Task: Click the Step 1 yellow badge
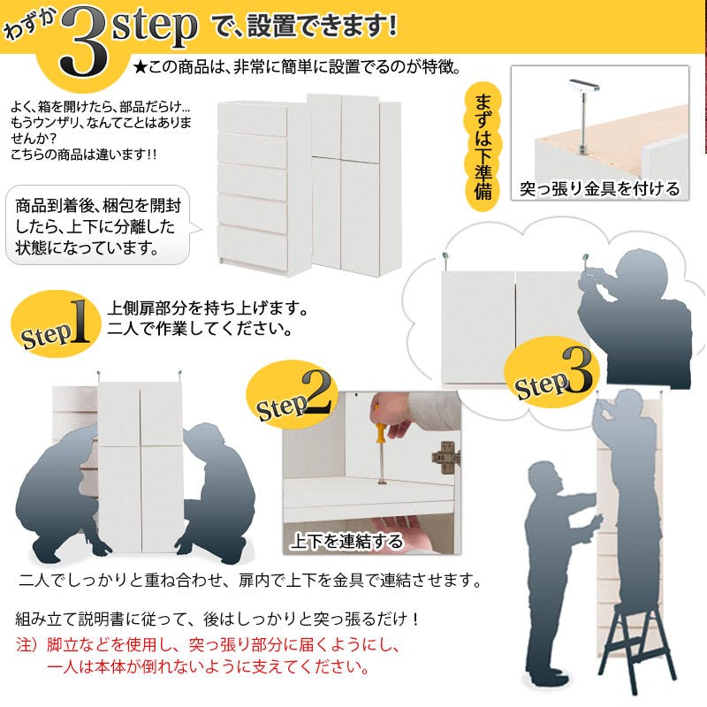pyautogui.click(x=56, y=323)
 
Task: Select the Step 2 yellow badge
pyautogui.click(x=293, y=394)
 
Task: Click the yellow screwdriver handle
pyautogui.click(x=380, y=427)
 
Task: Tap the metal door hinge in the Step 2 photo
pyautogui.click(x=446, y=457)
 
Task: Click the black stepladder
pyautogui.click(x=635, y=645)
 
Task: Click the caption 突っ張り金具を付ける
pyautogui.click(x=599, y=188)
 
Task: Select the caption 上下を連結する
pyautogui.click(x=346, y=540)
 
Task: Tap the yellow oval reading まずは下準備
pyautogui.click(x=483, y=146)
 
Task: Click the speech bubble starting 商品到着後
pyautogui.click(x=99, y=225)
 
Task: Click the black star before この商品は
pyautogui.click(x=141, y=68)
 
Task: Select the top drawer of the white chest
pyautogui.click(x=253, y=118)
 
